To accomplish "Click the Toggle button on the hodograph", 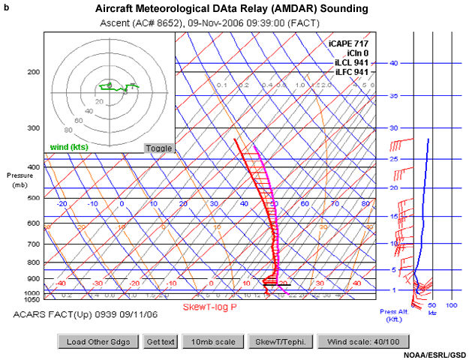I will click(x=158, y=148).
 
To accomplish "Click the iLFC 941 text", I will click(x=351, y=72).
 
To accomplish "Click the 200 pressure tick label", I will click(x=33, y=72).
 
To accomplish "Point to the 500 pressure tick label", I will click(x=33, y=198).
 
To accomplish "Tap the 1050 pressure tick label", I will click(x=32, y=298).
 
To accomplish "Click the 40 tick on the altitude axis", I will click(x=393, y=63).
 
